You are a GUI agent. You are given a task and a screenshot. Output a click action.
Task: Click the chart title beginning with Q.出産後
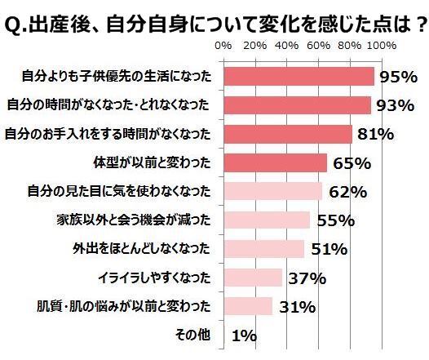click(x=214, y=19)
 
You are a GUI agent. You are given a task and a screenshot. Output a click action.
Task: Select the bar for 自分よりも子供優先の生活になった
click(x=299, y=77)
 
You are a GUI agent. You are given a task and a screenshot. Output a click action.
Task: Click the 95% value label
click(x=400, y=78)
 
